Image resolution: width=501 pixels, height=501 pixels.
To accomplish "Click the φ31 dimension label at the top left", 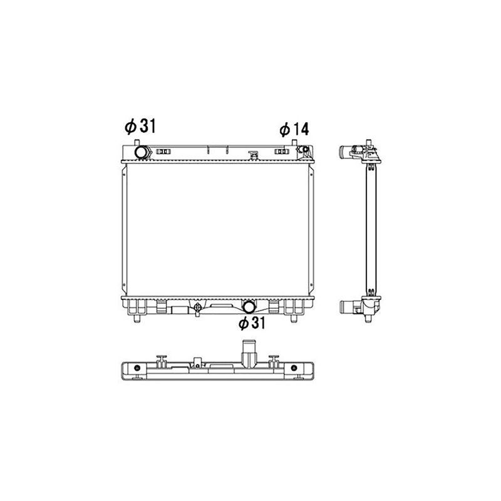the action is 140,126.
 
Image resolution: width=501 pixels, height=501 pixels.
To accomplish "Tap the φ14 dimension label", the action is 294,130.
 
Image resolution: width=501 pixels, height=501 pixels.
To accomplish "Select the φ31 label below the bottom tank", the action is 252,323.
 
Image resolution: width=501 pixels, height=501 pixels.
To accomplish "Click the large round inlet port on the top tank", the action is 141,152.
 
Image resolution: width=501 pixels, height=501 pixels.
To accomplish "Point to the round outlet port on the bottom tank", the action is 249,307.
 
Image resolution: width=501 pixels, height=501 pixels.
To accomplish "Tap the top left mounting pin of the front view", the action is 137,143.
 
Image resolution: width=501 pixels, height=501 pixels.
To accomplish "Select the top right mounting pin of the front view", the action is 294,143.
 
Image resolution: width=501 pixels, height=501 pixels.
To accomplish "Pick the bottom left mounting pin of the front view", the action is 137,319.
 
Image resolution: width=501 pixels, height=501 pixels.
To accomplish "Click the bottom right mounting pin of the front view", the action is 294,319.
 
